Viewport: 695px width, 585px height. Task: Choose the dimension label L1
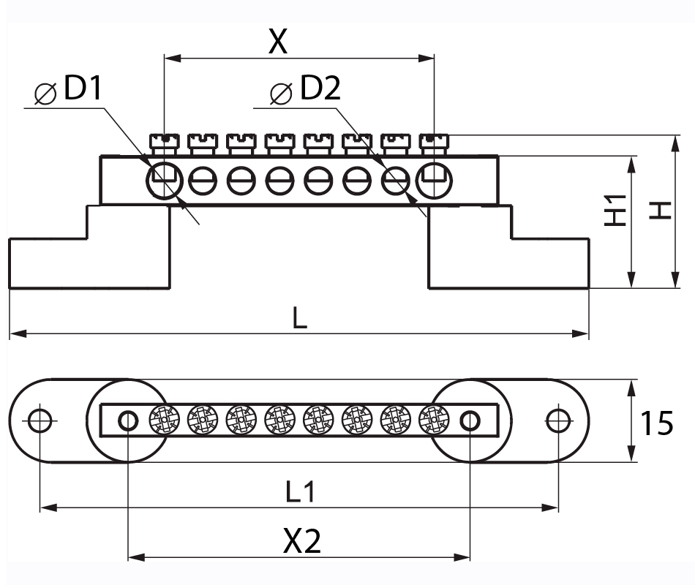pyautogui.click(x=300, y=492)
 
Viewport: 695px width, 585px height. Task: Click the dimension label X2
pyautogui.click(x=302, y=542)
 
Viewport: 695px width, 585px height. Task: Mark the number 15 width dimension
pyautogui.click(x=657, y=423)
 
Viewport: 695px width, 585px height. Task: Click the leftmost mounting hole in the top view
pyautogui.click(x=40, y=420)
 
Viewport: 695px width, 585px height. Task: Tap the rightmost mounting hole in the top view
pyautogui.click(x=558, y=420)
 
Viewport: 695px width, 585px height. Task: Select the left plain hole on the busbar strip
pyautogui.click(x=128, y=420)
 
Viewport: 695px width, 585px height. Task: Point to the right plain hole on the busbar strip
pyautogui.click(x=470, y=420)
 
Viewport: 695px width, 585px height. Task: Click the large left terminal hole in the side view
pyautogui.click(x=164, y=180)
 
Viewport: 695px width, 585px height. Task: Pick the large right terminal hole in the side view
pyautogui.click(x=434, y=180)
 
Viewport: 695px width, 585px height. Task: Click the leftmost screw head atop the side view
pyautogui.click(x=164, y=142)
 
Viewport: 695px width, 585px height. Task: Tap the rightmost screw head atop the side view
pyautogui.click(x=434, y=142)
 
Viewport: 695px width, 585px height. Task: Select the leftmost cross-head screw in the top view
pyautogui.click(x=163, y=420)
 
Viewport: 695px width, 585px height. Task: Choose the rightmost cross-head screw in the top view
pyautogui.click(x=434, y=420)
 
